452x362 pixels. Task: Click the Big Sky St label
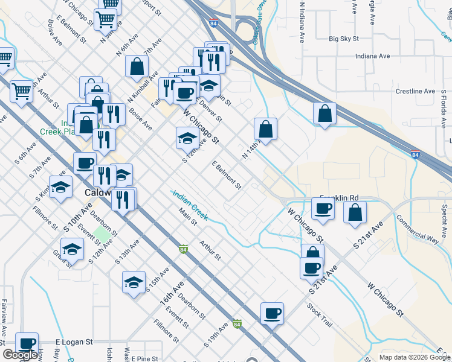click(x=344, y=39)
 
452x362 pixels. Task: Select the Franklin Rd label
click(x=339, y=197)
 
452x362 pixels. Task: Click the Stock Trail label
click(x=319, y=316)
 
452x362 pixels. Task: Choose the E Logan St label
click(x=74, y=341)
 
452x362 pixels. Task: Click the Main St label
click(x=188, y=217)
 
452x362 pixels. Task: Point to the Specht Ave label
click(x=444, y=215)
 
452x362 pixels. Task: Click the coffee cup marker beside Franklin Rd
click(x=323, y=209)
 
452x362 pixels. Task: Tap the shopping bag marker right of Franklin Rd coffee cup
click(x=355, y=212)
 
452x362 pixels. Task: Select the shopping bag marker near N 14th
click(x=265, y=129)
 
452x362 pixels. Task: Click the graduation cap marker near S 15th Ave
click(x=134, y=282)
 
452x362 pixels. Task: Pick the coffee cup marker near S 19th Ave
click(x=272, y=313)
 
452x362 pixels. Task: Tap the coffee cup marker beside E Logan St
click(x=27, y=343)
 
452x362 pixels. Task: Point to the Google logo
click(x=21, y=355)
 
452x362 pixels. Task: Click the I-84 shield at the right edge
click(x=416, y=154)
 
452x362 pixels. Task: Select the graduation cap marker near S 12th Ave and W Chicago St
click(x=187, y=138)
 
